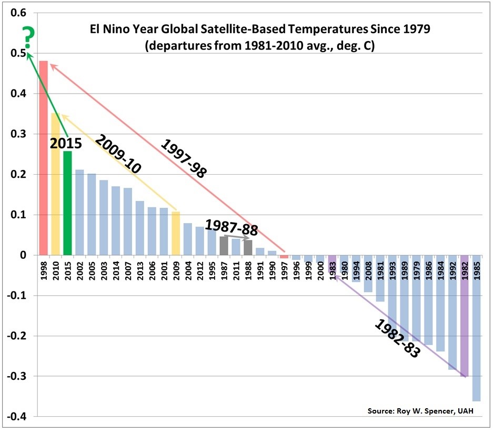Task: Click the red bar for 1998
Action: pos(44,158)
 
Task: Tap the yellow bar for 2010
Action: pos(56,184)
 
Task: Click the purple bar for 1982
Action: pos(465,316)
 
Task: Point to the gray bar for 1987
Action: pos(224,246)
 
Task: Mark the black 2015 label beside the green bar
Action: pos(66,143)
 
